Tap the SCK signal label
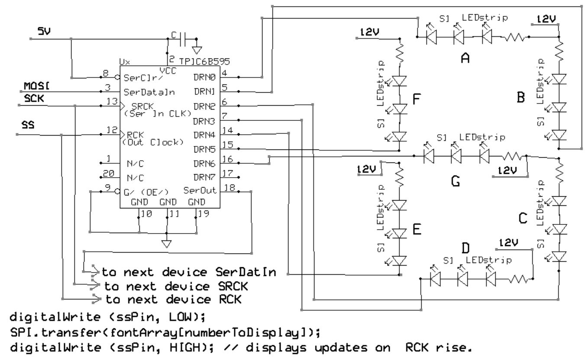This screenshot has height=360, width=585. tap(32, 99)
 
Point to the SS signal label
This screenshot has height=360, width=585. tap(28, 124)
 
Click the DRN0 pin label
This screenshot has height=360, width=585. tap(204, 77)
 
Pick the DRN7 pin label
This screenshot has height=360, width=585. tap(204, 177)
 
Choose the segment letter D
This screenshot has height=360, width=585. tap(465, 248)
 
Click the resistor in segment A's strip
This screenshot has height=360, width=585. tap(513, 39)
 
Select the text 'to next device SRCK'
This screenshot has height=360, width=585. tap(178, 286)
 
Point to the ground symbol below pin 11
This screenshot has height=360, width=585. tap(167, 244)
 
